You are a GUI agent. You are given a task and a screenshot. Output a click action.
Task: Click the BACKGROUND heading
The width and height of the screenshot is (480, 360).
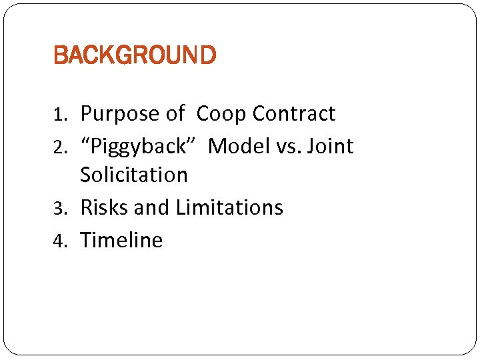(135, 55)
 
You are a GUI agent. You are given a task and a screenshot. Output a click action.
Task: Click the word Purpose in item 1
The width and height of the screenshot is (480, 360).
(120, 115)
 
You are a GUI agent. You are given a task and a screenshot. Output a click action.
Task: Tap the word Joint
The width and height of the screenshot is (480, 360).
(329, 146)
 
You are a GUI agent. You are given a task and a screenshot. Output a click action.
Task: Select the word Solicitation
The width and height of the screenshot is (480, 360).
(134, 175)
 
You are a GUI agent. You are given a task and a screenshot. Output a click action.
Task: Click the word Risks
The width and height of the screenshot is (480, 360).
(105, 207)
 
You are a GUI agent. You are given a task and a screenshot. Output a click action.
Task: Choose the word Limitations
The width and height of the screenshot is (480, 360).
(229, 207)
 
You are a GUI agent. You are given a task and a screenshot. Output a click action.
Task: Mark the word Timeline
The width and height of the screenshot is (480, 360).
(121, 239)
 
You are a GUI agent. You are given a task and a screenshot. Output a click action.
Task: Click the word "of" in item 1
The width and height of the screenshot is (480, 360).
(175, 114)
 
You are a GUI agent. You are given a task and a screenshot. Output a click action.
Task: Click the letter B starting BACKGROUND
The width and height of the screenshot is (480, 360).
(59, 55)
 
